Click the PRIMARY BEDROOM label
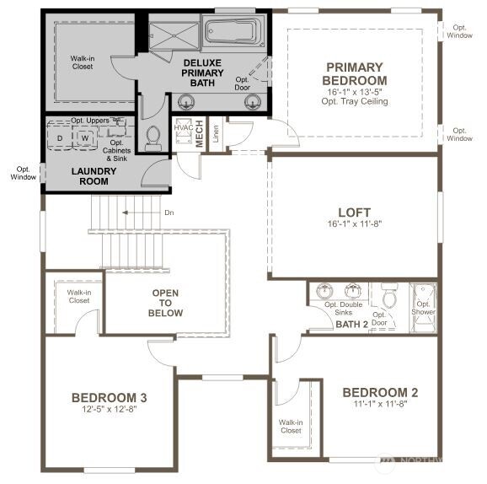coord(354,73)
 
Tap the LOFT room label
coord(354,212)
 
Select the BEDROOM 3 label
coord(110,398)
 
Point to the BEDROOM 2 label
coord(380,392)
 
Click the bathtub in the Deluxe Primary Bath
coord(230,33)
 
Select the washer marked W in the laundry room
coord(84,138)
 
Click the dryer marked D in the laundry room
coord(60,138)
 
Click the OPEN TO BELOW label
coord(165,303)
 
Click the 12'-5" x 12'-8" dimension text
coord(110,409)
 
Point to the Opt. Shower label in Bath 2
coord(423,308)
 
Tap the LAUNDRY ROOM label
coord(94,175)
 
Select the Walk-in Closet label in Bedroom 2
coord(291,426)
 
